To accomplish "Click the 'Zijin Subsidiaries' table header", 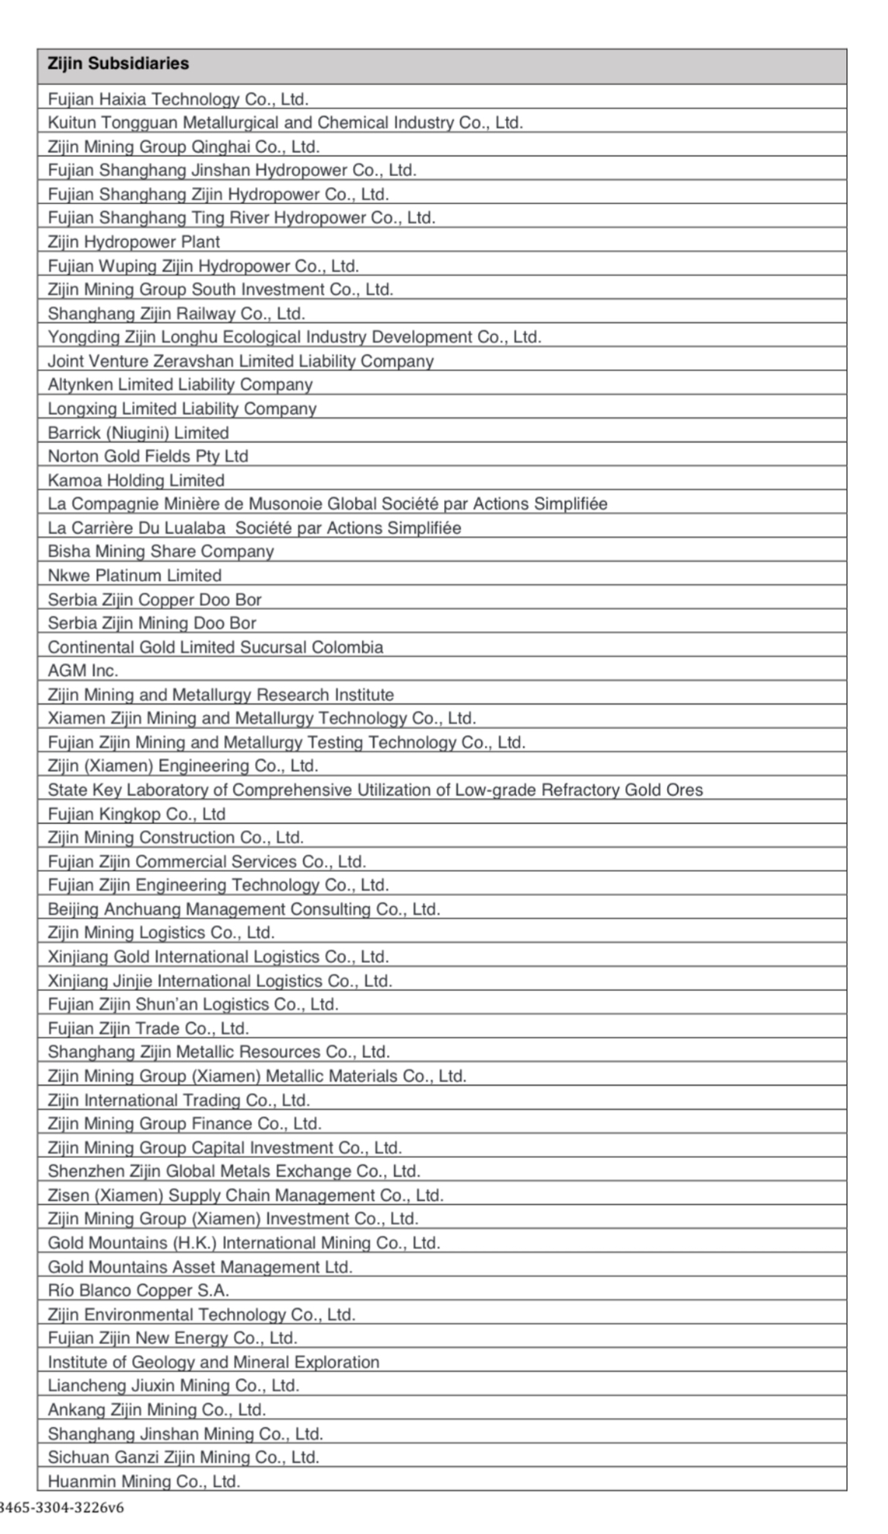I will (118, 64).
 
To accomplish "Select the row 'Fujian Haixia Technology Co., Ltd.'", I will (178, 99).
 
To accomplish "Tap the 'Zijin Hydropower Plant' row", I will (134, 241).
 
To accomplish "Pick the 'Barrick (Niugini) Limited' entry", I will (138, 432).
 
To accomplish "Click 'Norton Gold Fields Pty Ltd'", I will (148, 456).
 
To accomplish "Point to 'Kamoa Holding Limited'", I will (136, 480).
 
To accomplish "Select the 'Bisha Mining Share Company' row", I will (161, 551).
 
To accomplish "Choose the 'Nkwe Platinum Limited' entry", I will (134, 575).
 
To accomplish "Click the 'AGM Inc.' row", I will (83, 671).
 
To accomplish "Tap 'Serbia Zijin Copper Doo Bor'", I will (155, 599).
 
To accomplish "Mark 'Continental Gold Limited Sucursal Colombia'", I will (216, 647).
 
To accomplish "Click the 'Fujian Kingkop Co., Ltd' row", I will (137, 814).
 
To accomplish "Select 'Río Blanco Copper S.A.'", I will (138, 1290).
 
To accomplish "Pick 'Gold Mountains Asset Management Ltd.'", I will (200, 1267).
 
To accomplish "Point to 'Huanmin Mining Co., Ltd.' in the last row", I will (143, 1481).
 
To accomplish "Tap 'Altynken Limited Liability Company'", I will (180, 384).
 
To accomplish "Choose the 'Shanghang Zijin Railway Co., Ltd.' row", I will (176, 313).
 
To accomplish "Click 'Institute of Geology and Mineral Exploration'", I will (213, 1362).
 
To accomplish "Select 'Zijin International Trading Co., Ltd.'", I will (178, 1100).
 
